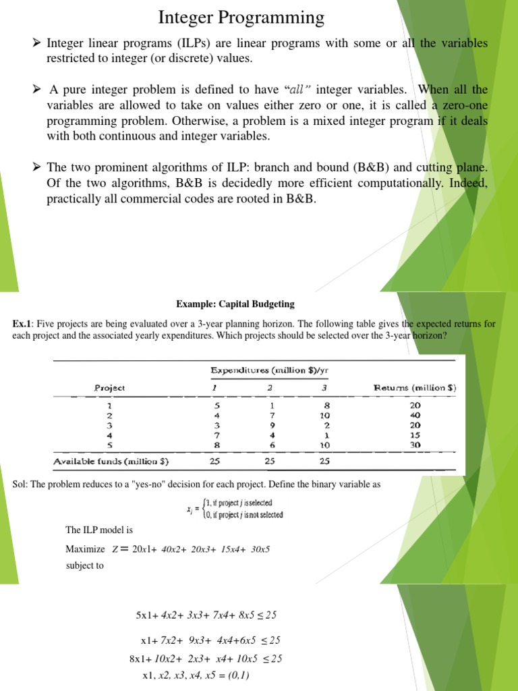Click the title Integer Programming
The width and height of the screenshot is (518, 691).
(x=241, y=17)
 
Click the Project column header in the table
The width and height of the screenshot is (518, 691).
(x=109, y=388)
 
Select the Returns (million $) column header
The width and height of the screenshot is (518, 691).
(x=415, y=388)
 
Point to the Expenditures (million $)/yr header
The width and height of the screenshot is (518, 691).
(x=274, y=370)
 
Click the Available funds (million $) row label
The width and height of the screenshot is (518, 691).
(x=111, y=462)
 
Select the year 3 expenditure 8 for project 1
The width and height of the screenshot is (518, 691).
(x=326, y=406)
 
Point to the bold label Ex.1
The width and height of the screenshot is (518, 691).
(x=23, y=324)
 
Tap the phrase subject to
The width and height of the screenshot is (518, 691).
(x=84, y=565)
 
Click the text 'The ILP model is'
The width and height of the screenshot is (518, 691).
(x=99, y=530)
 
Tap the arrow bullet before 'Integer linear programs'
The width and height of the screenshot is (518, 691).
(x=37, y=43)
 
